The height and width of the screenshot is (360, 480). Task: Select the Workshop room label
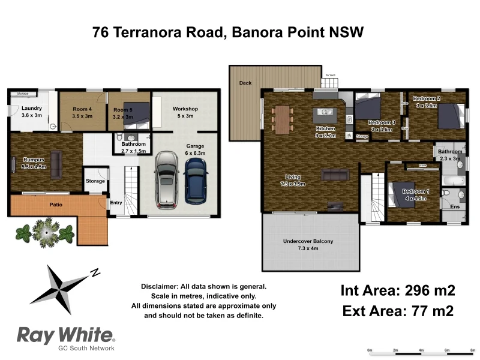(185, 112)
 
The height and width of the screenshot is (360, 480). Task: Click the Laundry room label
(32, 112)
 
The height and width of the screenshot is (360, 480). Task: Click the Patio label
(56, 205)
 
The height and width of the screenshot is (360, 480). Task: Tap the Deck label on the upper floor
(245, 83)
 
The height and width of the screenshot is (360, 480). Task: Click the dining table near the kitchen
(281, 119)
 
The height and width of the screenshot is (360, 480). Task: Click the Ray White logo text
(64, 334)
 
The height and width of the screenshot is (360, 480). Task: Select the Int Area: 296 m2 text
(398, 291)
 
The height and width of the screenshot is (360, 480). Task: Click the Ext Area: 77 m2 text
(398, 311)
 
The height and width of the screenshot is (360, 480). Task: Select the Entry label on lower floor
(116, 203)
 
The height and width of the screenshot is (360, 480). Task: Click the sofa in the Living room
(335, 175)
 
